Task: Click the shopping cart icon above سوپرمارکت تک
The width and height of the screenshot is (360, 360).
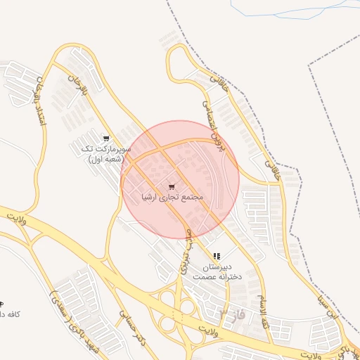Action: (106, 139)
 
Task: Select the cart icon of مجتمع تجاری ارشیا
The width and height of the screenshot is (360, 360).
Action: (172, 187)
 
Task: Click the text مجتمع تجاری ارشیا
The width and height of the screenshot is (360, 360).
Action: (172, 198)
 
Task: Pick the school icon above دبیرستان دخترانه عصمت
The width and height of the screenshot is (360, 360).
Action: (217, 257)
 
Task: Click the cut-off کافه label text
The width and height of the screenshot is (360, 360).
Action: (8, 314)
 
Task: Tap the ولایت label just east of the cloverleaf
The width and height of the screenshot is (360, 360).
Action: (211, 330)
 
